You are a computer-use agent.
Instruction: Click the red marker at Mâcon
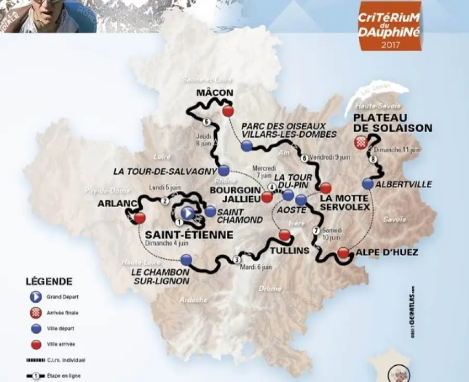coord(227,112)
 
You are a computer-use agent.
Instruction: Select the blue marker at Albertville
coord(368,184)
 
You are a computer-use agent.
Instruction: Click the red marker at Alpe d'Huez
coord(342,253)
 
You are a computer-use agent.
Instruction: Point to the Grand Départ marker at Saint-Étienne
coord(188,212)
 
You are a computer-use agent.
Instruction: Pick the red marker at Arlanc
coord(139,218)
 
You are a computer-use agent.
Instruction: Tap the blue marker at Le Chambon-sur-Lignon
coord(187,259)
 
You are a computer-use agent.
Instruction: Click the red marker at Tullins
coord(284,235)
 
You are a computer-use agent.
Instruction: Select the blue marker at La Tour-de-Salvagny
coord(224,170)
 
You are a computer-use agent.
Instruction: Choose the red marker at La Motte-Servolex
coord(326,187)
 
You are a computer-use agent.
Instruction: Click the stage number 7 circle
coord(315,231)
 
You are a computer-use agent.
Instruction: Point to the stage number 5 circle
coord(207,123)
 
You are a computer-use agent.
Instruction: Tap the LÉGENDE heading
coord(48,281)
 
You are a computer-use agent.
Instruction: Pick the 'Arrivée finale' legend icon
coord(34,313)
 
